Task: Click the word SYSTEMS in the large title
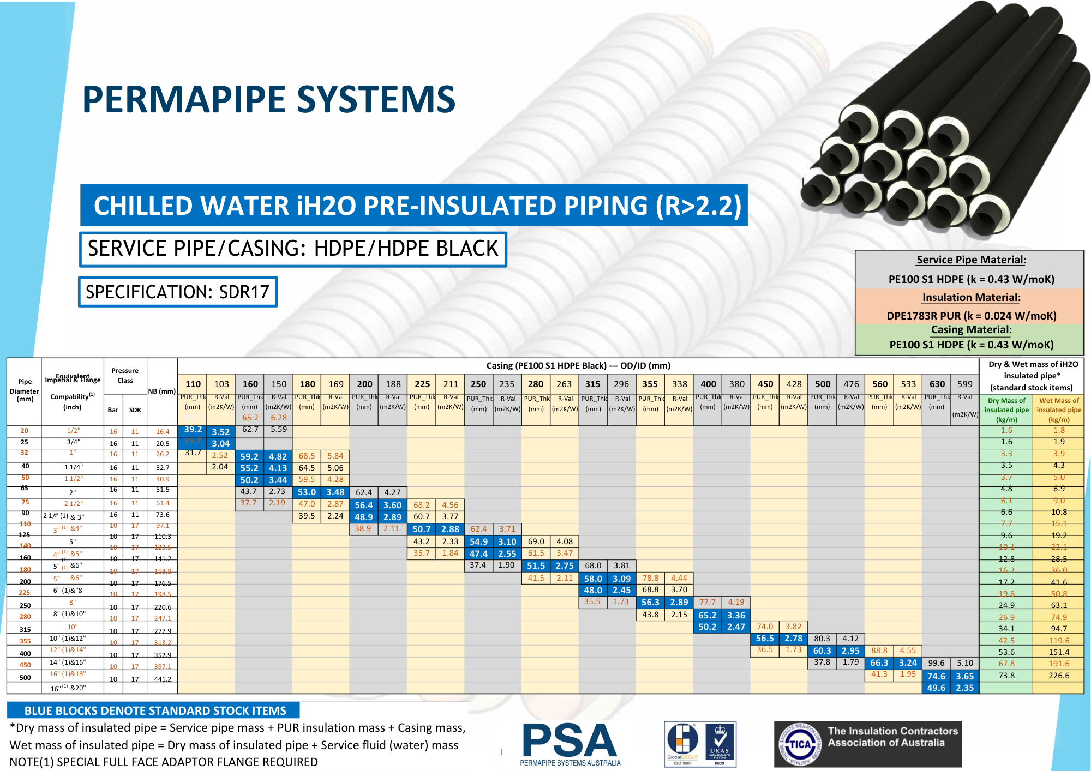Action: pos(376,99)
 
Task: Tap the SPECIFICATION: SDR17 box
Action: pos(178,292)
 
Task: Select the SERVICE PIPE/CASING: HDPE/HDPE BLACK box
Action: pos(293,249)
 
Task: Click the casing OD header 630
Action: pos(937,384)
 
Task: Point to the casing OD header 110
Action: pos(193,384)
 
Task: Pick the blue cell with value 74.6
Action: pos(936,676)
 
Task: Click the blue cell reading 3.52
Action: pos(220,432)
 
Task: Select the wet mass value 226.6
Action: pos(1058,676)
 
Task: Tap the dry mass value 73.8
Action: pos(1006,676)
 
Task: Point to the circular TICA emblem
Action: pos(800,744)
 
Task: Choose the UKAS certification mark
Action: pos(720,743)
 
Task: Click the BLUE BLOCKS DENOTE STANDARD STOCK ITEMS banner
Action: pos(155,710)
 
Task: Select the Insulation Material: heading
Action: pos(971,297)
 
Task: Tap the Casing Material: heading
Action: pos(971,329)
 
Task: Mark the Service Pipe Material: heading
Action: pos(971,260)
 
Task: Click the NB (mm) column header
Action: pos(162,391)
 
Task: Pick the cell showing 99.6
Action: pos(936,663)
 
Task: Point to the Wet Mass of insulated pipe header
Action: pos(1058,409)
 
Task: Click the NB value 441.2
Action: pos(163,679)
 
